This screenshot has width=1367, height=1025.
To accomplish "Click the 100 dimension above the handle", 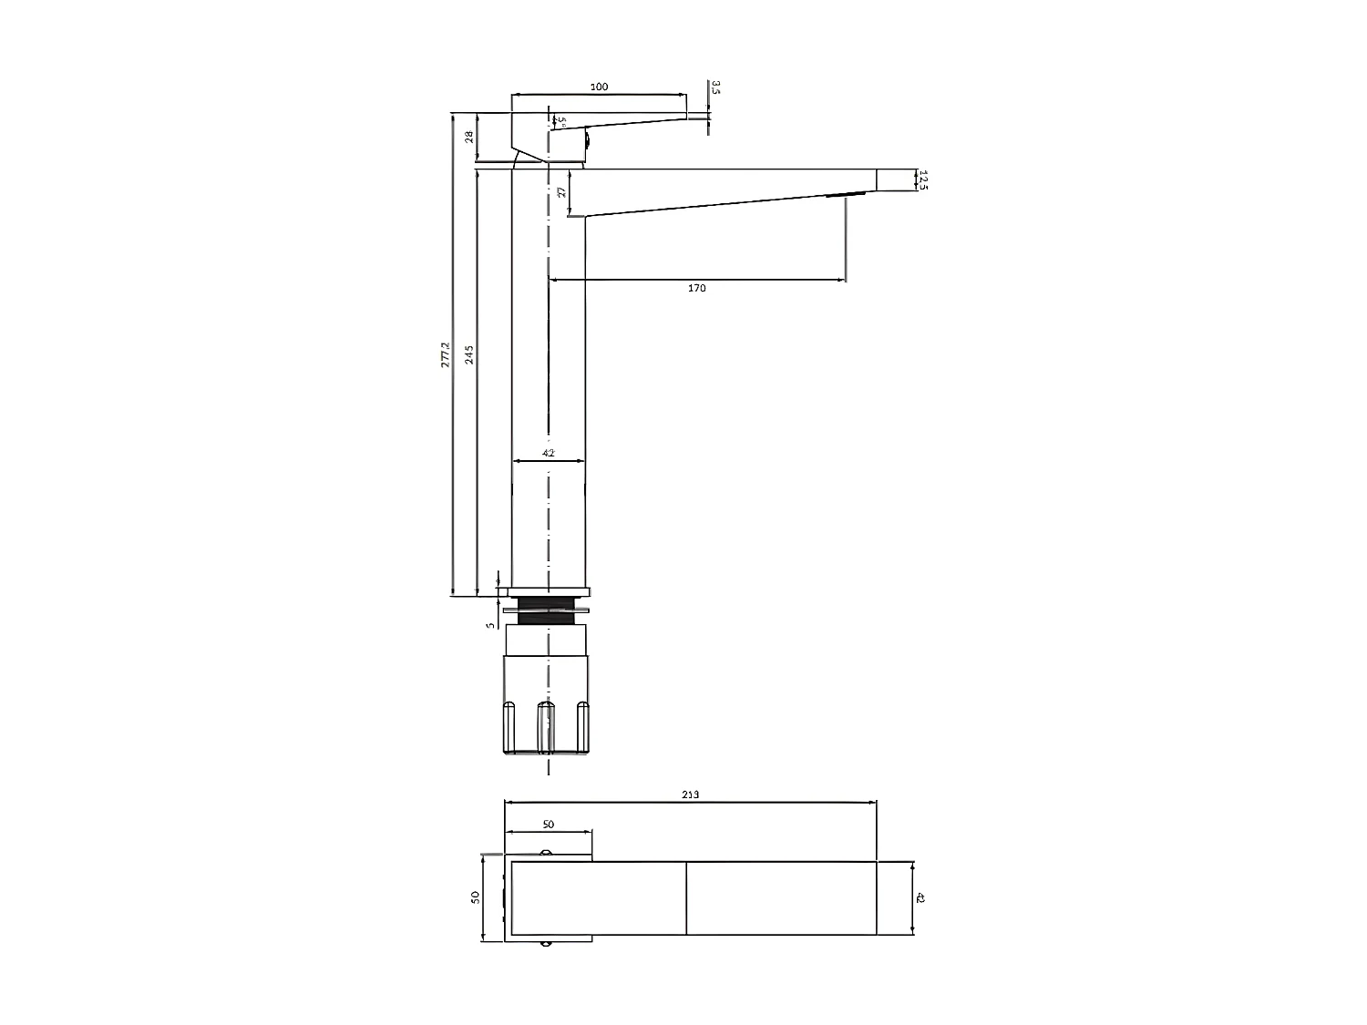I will pyautogui.click(x=599, y=87).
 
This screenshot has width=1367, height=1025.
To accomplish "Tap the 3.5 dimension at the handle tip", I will pyautogui.click(x=715, y=88).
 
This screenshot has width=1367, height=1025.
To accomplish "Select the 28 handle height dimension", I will pyautogui.click(x=468, y=137).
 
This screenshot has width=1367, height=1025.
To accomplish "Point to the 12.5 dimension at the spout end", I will pyautogui.click(x=922, y=179).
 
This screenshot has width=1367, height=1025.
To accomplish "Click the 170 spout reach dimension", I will pyautogui.click(x=696, y=288).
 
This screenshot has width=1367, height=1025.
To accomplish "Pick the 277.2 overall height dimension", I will pyautogui.click(x=445, y=354).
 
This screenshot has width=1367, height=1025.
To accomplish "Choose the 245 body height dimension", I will pyautogui.click(x=469, y=354).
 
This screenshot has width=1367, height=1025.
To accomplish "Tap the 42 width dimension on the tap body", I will pyautogui.click(x=549, y=453).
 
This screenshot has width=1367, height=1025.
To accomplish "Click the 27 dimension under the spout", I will pyautogui.click(x=561, y=192).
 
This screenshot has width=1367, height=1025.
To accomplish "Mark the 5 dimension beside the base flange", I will pyautogui.click(x=489, y=625).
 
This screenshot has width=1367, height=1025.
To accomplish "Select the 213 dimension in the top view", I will pyautogui.click(x=690, y=794).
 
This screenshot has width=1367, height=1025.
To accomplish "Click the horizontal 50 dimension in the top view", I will pyautogui.click(x=549, y=825).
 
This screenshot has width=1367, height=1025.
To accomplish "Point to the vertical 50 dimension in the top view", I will pyautogui.click(x=475, y=897).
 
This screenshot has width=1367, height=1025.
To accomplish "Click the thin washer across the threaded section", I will pyautogui.click(x=552, y=610).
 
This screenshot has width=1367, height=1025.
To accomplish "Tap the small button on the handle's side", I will pyautogui.click(x=588, y=140).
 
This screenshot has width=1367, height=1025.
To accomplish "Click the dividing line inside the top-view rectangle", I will pyautogui.click(x=686, y=898).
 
